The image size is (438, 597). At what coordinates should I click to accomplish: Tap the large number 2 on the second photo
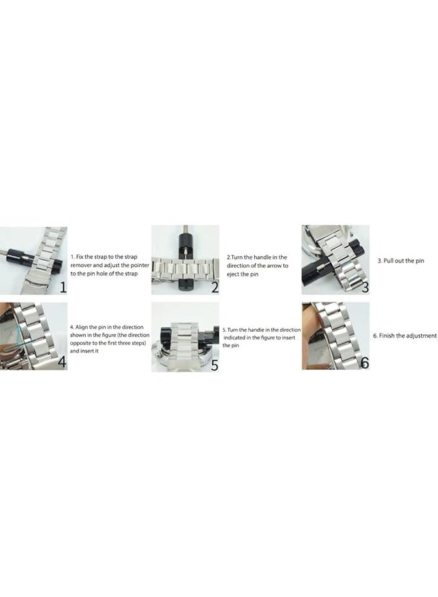click(x=214, y=287)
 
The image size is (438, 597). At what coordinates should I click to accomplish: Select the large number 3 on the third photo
click(x=365, y=287)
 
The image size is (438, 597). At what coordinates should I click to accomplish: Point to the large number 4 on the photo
click(x=61, y=362)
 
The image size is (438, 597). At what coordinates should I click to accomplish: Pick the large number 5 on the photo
click(x=214, y=365)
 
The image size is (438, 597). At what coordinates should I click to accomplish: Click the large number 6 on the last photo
click(x=364, y=362)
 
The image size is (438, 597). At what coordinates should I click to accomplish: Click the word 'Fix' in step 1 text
click(x=82, y=257)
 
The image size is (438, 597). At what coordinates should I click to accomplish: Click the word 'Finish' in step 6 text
click(x=388, y=336)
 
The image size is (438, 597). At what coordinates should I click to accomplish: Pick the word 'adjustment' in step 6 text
click(x=422, y=336)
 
